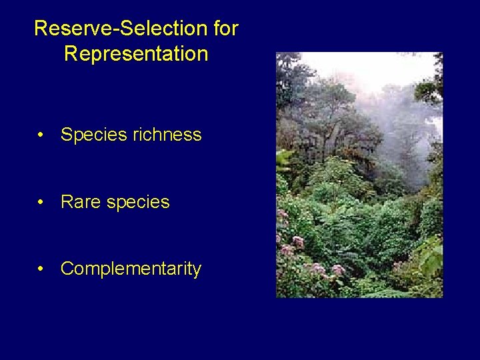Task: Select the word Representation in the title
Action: [136, 54]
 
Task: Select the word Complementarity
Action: [131, 269]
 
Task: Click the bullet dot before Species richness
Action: [41, 135]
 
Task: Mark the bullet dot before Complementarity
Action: [41, 269]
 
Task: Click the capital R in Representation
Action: [71, 54]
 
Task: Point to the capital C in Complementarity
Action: [68, 269]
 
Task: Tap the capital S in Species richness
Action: [67, 135]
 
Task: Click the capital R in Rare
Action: [67, 202]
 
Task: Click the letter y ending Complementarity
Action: [197, 271]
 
